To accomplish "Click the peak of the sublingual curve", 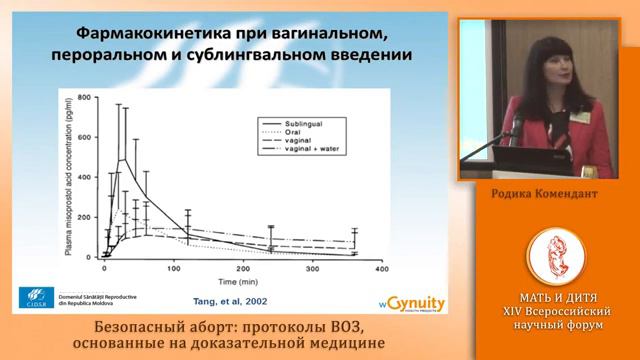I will click(121, 159).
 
